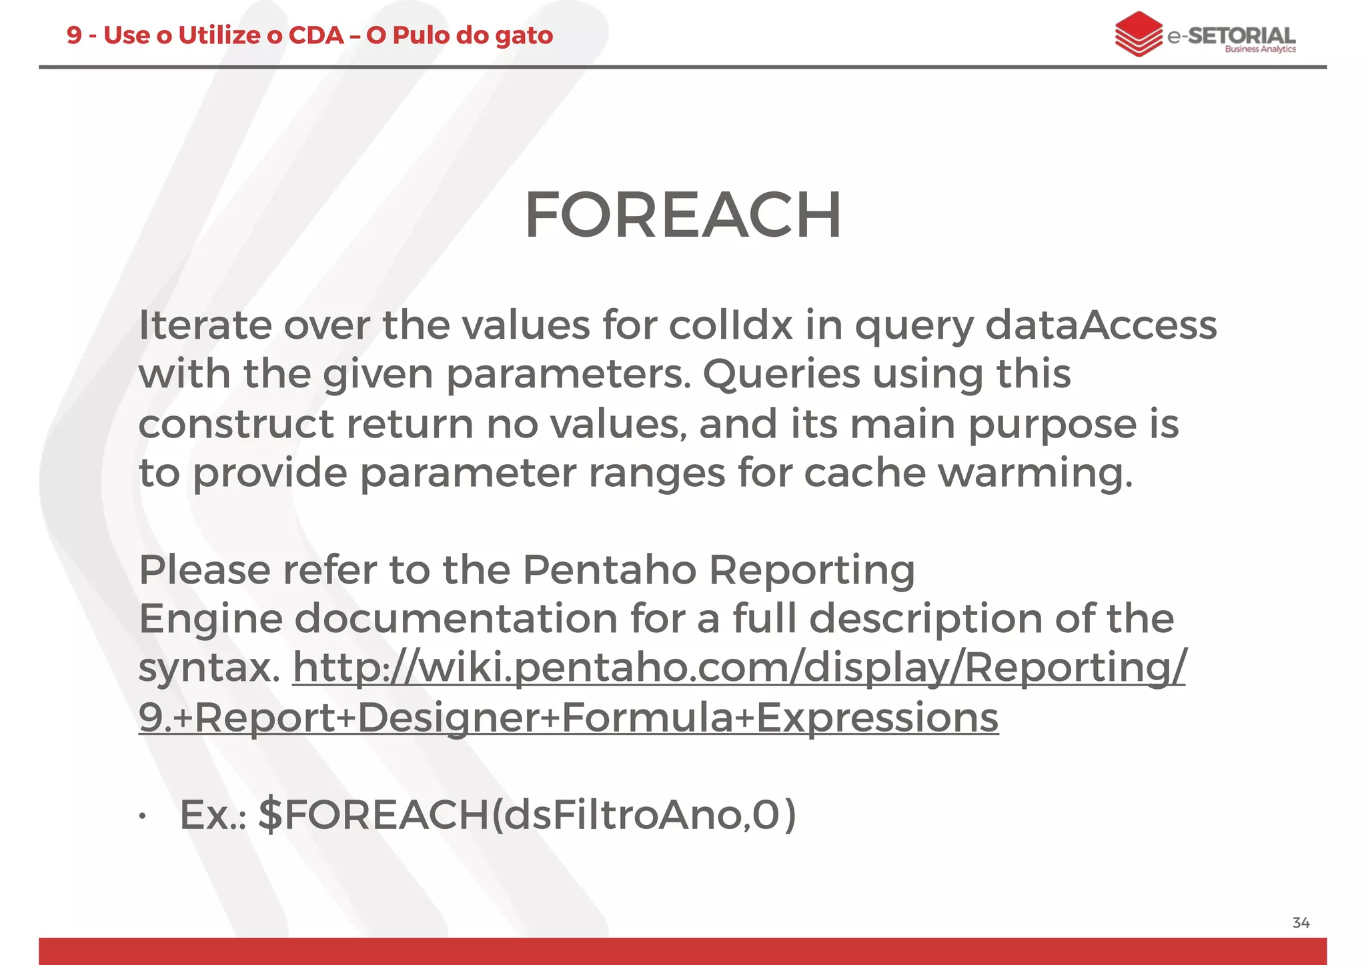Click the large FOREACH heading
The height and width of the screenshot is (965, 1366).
coord(682,215)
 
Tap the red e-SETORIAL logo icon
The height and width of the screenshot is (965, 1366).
coord(1139,34)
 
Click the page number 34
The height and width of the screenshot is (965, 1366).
coord(1301,923)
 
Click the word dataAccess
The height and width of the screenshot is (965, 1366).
coord(1101,325)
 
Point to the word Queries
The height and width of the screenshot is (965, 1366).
coord(781,374)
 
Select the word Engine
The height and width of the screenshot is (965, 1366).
coord(210,620)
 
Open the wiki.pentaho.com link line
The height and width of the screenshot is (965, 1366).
coord(739,668)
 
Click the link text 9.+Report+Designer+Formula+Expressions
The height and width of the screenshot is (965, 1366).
coord(568,718)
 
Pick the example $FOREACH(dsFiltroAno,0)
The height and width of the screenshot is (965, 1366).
coord(527,815)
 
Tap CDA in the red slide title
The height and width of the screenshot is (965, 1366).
coord(316,35)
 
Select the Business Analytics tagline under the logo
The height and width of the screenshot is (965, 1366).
coord(1260,49)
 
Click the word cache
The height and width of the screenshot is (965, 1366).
coord(864,473)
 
